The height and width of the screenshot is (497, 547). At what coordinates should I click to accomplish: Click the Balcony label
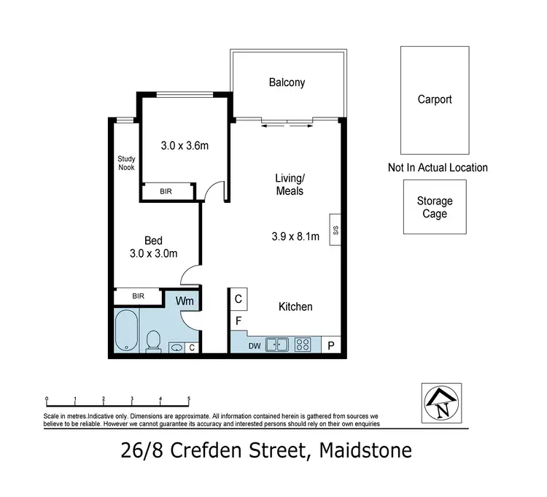(287, 82)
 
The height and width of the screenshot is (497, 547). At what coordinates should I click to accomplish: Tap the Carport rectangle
(435, 100)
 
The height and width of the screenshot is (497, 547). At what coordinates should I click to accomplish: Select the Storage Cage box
(435, 207)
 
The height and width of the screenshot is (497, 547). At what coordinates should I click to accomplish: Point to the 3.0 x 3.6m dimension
(185, 145)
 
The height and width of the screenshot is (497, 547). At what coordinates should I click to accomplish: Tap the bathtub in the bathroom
(126, 332)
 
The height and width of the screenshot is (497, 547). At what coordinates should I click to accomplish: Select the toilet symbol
(153, 339)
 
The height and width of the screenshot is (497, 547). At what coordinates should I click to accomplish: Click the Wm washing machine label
(183, 299)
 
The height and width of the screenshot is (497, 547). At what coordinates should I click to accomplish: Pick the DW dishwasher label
(255, 344)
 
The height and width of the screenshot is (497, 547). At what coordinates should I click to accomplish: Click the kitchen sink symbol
(276, 344)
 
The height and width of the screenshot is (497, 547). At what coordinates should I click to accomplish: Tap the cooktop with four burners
(303, 344)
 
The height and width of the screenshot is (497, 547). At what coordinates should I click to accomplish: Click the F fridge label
(238, 320)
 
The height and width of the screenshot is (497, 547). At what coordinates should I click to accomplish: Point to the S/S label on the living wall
(335, 230)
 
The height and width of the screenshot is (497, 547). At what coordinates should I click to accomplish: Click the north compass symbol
(441, 402)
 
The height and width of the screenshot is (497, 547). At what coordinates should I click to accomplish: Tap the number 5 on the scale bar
(189, 399)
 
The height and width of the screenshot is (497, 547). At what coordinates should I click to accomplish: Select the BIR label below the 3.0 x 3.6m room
(167, 191)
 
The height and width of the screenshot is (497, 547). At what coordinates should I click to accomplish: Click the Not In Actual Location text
(438, 167)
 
